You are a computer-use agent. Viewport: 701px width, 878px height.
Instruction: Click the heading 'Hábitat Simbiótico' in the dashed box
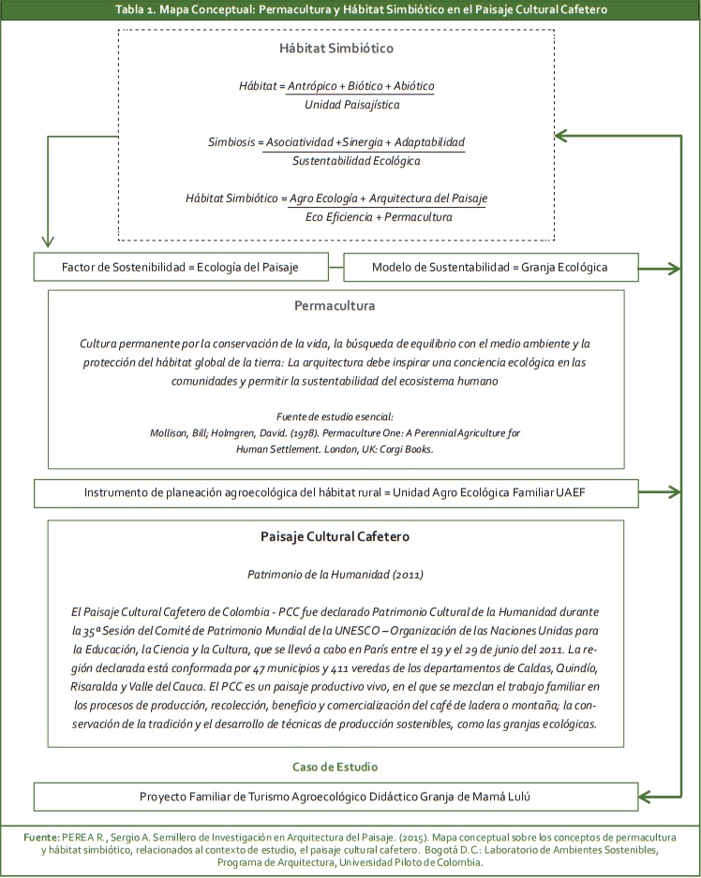coord(336,48)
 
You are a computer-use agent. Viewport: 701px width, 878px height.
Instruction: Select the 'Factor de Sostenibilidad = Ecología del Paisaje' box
coord(180,268)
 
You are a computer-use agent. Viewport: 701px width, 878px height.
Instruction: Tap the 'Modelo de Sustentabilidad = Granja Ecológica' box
coord(489,268)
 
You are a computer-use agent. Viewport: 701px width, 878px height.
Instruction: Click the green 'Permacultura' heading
coord(335,306)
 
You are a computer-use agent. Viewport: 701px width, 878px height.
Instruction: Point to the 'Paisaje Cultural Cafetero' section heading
coord(335,536)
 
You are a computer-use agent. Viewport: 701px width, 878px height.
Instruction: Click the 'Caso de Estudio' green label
coord(335,767)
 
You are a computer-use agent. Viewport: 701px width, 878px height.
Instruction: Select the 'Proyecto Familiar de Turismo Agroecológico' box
coord(335,797)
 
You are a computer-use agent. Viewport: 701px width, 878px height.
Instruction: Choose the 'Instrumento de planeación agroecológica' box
coord(335,491)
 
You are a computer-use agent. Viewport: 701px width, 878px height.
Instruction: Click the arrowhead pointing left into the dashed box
coord(561,136)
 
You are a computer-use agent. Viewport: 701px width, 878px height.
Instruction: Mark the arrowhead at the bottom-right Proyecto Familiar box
coord(644,798)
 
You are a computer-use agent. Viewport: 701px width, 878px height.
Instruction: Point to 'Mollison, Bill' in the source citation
coord(185,433)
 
